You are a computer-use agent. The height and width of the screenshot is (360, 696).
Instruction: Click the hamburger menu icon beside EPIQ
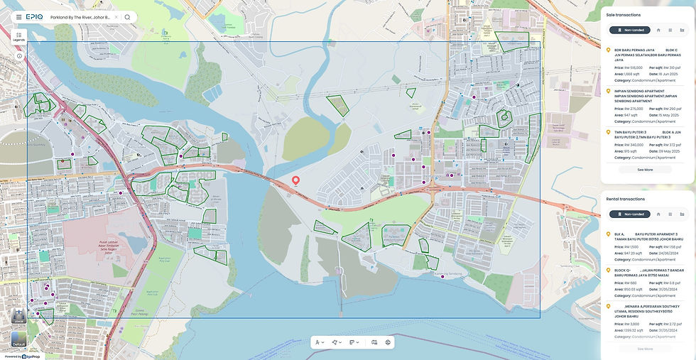(x=18, y=17)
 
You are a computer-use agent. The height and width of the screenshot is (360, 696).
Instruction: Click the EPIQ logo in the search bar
(x=34, y=17)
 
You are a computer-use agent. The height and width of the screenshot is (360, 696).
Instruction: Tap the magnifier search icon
(x=127, y=17)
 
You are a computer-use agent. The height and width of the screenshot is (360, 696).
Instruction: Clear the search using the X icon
(x=116, y=17)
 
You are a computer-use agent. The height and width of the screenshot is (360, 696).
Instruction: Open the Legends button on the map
(x=18, y=36)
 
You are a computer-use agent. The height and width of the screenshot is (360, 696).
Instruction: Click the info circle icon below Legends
(x=19, y=55)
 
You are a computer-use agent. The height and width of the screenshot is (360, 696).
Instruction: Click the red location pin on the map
(x=295, y=180)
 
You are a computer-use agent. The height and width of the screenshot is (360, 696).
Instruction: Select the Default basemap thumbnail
(x=18, y=339)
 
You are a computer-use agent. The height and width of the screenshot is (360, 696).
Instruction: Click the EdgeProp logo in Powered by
(x=31, y=356)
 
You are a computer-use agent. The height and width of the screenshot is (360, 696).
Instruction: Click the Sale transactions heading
(x=623, y=14)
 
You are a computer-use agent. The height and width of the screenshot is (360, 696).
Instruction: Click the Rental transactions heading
(x=625, y=199)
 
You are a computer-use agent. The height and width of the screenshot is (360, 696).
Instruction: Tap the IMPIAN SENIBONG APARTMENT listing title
(x=639, y=91)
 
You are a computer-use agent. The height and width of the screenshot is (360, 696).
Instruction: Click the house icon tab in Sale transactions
(x=658, y=30)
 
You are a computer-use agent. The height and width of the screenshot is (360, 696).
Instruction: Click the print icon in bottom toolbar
(x=388, y=342)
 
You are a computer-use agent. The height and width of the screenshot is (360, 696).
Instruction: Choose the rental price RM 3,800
(x=631, y=324)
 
